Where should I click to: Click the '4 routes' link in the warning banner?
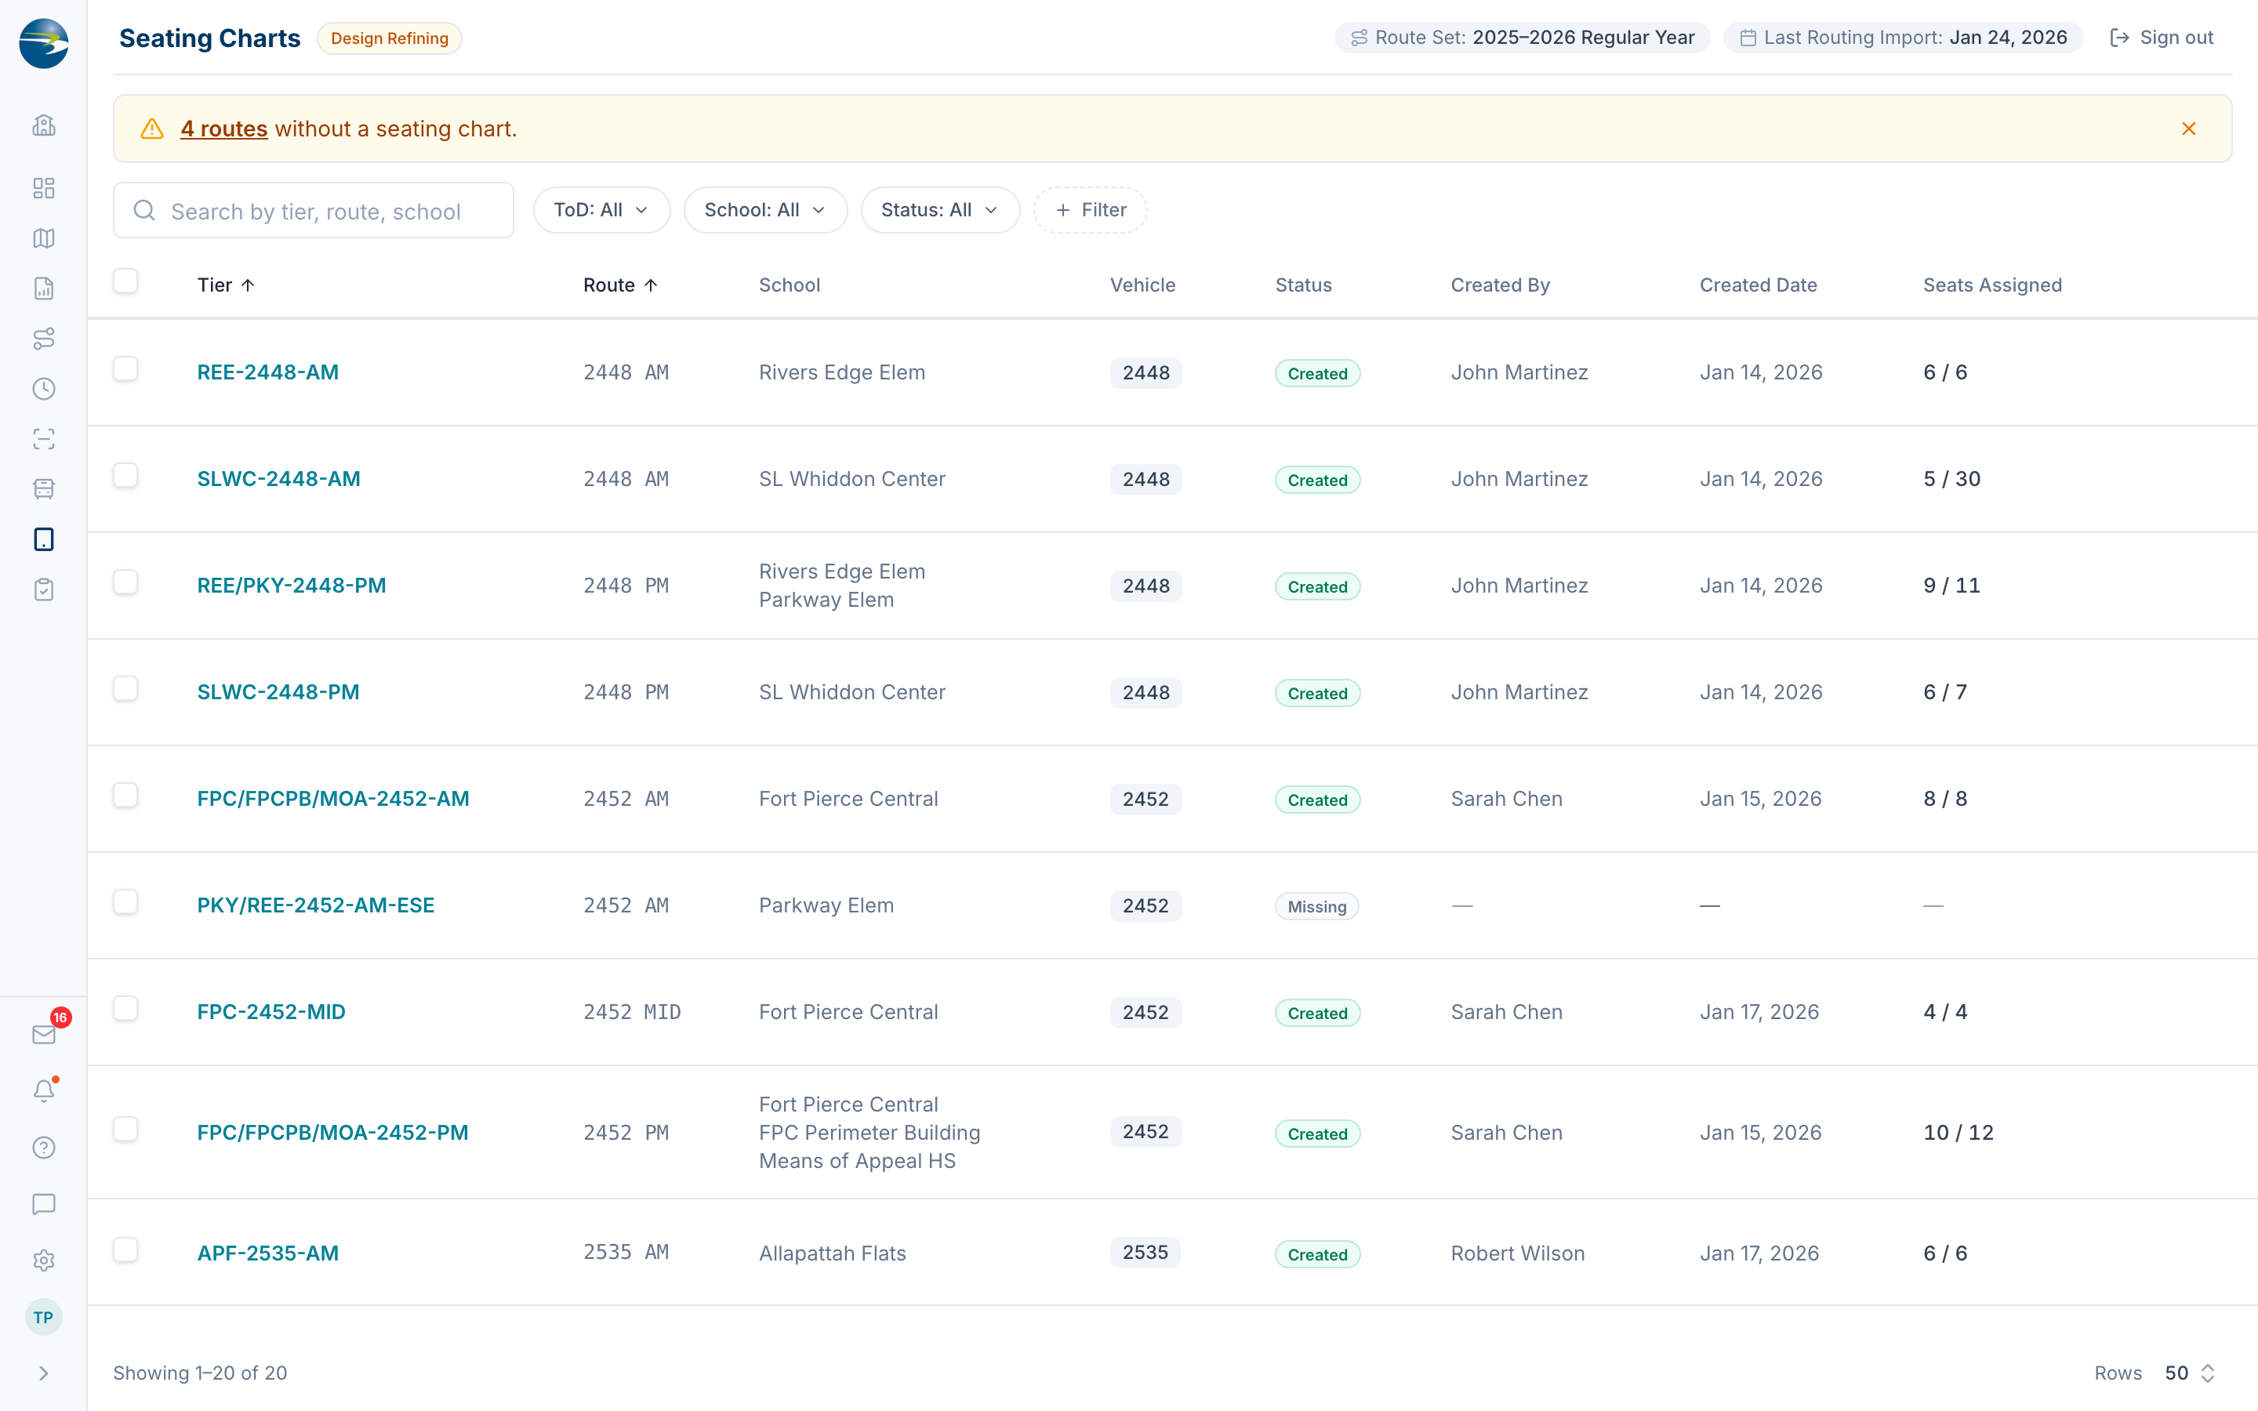point(224,129)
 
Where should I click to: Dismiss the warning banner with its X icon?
point(2189,129)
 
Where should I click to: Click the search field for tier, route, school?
point(314,211)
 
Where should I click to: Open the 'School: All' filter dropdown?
point(765,210)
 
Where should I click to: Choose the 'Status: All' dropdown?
point(939,210)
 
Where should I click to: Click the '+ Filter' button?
point(1090,210)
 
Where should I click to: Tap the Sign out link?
point(2162,38)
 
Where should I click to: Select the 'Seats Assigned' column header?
point(1992,285)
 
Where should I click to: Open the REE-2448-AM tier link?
point(268,372)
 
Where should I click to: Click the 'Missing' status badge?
point(1316,906)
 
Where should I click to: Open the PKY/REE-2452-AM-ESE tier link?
point(315,905)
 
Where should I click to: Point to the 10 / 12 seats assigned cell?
point(1958,1132)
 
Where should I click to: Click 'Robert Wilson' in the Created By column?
point(1517,1253)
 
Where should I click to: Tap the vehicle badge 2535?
point(1145,1253)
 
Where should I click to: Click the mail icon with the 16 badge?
point(44,1034)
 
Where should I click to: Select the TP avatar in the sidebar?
point(43,1318)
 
